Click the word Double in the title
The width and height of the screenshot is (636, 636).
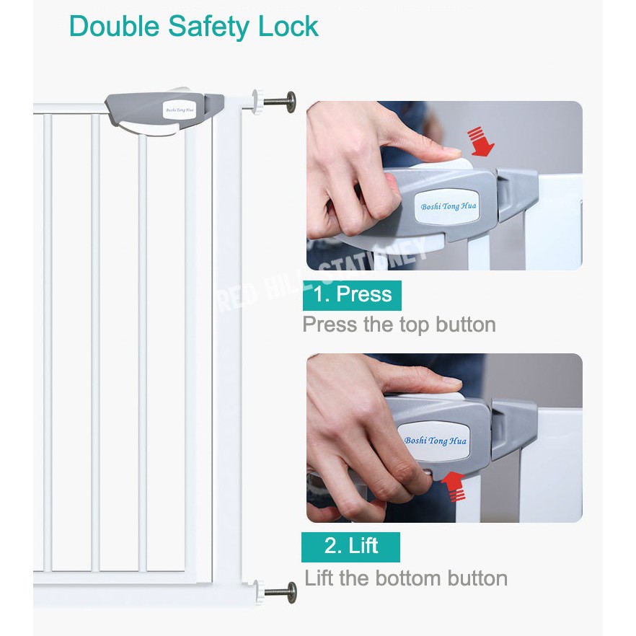(115, 27)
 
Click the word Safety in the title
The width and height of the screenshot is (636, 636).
(209, 27)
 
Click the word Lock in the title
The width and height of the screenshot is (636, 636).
(288, 27)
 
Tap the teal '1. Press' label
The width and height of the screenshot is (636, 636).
(352, 295)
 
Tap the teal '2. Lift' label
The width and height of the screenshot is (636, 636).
(350, 547)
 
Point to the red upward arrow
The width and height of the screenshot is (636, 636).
(454, 486)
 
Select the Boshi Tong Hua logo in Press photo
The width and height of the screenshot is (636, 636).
(449, 206)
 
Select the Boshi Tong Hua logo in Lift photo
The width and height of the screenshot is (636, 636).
(435, 441)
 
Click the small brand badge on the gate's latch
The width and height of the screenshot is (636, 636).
(180, 110)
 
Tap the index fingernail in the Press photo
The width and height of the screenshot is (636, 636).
(451, 151)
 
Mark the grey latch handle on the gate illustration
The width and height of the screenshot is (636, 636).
(164, 112)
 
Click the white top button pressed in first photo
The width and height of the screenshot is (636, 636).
(442, 164)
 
